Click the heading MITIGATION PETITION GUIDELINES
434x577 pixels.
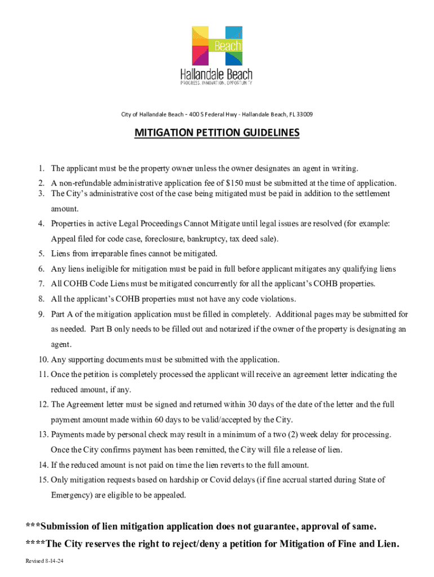pyautogui.click(x=217, y=133)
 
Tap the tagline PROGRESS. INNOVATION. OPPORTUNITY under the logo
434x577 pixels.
pyautogui.click(x=216, y=83)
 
